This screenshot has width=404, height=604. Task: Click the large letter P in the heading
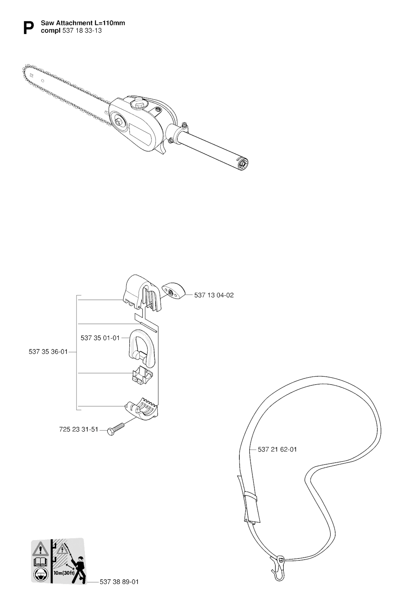pos(29,28)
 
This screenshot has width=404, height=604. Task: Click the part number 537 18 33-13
pos(82,31)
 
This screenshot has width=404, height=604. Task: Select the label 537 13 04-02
pos(214,295)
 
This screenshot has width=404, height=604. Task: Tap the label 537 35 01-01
pos(100,338)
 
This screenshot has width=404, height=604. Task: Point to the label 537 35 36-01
pos(48,352)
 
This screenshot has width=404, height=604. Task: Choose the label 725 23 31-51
pos(79,429)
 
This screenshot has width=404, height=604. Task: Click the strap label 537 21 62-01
pos(277,449)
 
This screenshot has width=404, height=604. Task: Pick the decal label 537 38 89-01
pos(119,582)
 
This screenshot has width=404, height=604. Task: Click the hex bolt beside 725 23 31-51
pos(116,428)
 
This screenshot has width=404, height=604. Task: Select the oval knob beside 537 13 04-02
pos(174,291)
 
